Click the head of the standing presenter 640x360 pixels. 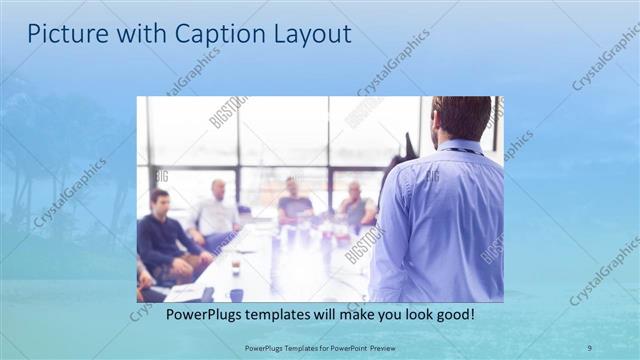tap(462, 117)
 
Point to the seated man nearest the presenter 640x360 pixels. tap(355, 205)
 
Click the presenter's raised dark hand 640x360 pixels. tap(406, 150)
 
